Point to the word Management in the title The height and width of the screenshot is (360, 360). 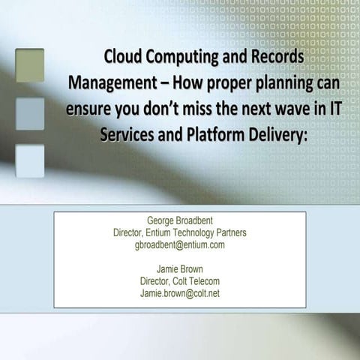pyautogui.click(x=109, y=81)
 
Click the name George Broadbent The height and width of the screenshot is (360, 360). pyautogui.click(x=180, y=223)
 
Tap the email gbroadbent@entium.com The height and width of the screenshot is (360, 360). pyautogui.click(x=180, y=245)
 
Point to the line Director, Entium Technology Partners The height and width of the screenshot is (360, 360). pyautogui.click(x=180, y=234)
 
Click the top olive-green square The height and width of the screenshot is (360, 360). pyautogui.click(x=30, y=64)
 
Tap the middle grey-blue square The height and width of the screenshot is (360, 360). pyautogui.click(x=30, y=112)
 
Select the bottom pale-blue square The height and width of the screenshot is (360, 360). pyautogui.click(x=30, y=160)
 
